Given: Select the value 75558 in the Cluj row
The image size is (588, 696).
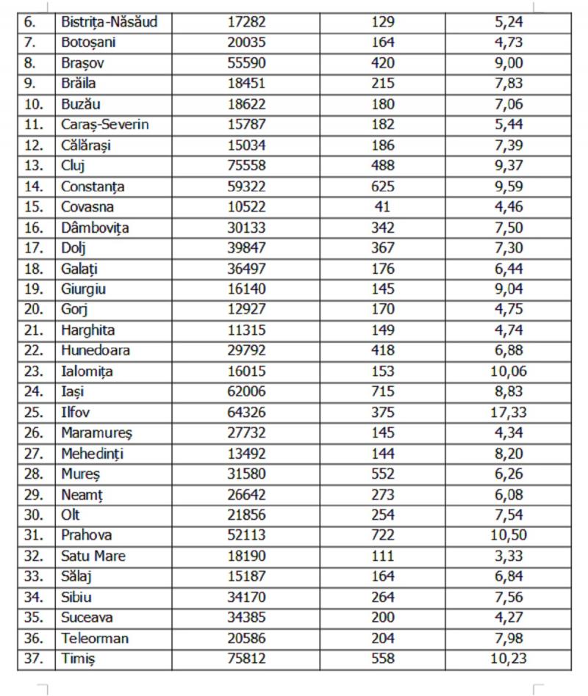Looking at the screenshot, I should [x=246, y=166].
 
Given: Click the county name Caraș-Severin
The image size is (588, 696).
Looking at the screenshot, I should [x=104, y=125].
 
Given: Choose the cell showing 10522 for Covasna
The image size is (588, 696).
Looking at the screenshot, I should [x=246, y=207].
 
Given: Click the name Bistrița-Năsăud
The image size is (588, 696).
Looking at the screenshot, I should [x=109, y=22].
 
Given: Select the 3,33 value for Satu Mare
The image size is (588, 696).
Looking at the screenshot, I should [x=508, y=557].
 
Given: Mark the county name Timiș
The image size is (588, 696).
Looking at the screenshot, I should [x=79, y=659].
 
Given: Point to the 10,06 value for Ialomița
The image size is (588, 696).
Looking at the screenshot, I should [x=508, y=371].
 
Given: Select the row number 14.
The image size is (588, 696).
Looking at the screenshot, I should [x=34, y=186].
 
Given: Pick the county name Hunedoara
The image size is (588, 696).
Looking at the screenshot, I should [x=96, y=351].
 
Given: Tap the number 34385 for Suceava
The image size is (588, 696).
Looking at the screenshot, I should [x=246, y=618].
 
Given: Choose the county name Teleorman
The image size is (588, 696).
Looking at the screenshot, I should [x=95, y=639].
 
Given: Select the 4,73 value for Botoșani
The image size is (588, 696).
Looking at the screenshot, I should [x=508, y=43].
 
